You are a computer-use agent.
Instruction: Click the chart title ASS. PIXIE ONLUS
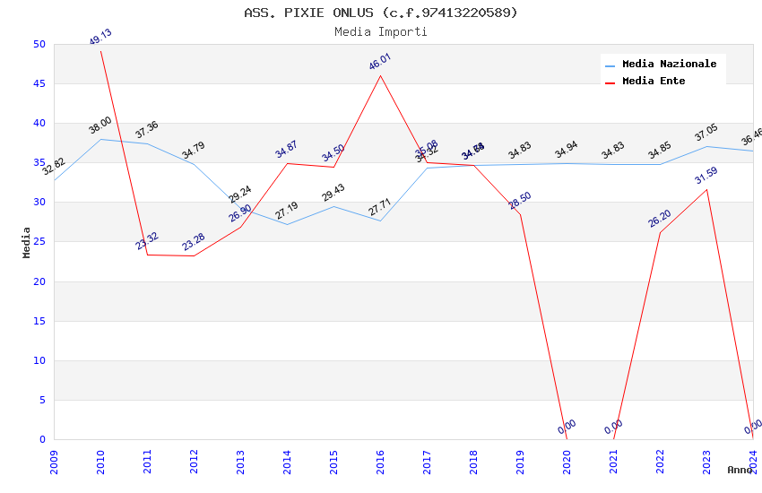(381, 13)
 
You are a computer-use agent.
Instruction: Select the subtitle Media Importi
(381, 31)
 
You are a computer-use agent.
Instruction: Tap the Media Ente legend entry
(654, 82)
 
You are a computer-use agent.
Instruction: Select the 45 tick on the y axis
(39, 84)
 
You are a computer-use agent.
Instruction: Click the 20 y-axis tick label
(39, 281)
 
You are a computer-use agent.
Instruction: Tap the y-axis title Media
(27, 242)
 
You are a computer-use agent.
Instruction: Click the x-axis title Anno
(740, 470)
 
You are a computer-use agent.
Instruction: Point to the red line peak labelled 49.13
(100, 51)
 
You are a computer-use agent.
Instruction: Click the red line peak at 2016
(380, 75)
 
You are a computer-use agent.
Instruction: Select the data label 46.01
(380, 62)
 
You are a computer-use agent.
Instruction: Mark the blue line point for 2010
(100, 139)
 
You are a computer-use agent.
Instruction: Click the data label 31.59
(706, 176)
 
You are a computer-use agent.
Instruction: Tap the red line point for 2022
(660, 233)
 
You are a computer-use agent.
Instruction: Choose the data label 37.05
(706, 134)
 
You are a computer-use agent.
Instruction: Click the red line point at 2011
(147, 255)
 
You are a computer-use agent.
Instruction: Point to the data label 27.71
(380, 209)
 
